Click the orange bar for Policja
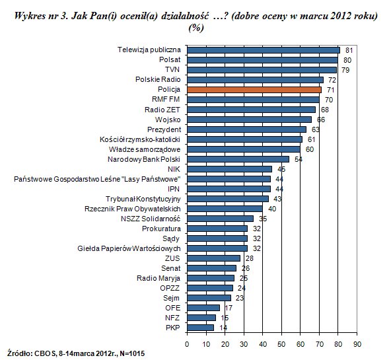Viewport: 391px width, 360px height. (254, 90)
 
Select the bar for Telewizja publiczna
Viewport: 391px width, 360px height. (264, 50)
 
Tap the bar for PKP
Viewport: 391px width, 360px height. (201, 328)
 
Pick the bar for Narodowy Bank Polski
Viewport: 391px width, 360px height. (238, 159)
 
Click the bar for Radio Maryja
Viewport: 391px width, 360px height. (211, 278)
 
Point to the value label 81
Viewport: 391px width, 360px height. (349, 50)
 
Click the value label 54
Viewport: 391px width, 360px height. (299, 159)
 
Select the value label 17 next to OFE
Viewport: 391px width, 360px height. (229, 308)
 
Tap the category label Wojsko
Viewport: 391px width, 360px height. (168, 120)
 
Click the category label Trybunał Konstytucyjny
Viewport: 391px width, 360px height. (143, 199)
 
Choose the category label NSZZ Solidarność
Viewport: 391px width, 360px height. (151, 219)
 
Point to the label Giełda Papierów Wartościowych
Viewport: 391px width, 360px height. (129, 248)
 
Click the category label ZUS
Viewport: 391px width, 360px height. (172, 258)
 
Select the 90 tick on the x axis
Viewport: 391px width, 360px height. (357, 344)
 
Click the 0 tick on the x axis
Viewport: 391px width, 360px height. (187, 344)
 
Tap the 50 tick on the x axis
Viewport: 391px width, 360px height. (281, 344)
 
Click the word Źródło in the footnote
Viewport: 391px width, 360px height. (19, 353)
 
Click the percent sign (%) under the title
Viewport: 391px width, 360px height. (196, 28)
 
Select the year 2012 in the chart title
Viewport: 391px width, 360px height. (340, 16)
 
